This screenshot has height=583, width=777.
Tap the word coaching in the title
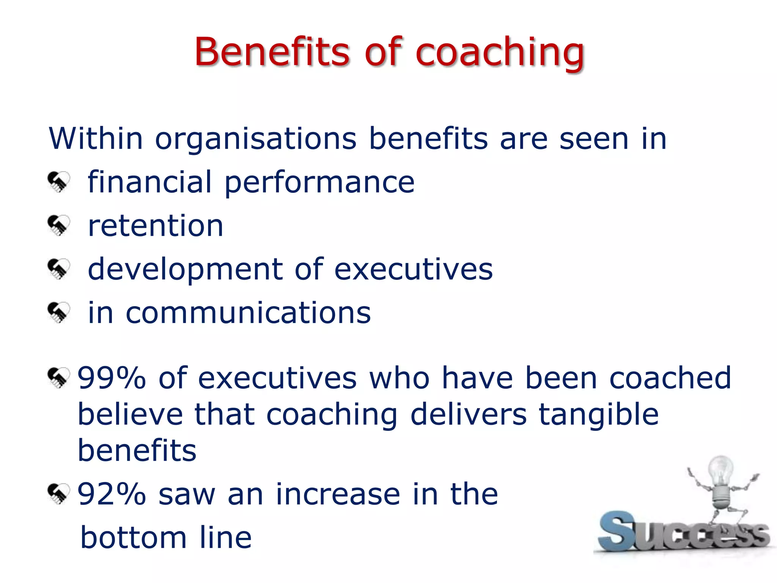coord(500,53)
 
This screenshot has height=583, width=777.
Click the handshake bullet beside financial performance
coord(59,182)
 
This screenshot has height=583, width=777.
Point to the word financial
coord(149,182)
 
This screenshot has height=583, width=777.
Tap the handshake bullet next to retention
coord(59,225)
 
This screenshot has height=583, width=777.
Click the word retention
coord(156,226)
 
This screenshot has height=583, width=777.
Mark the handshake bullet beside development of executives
coord(59,269)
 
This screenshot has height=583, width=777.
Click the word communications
coord(248,313)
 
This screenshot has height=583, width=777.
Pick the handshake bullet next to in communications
coord(59,312)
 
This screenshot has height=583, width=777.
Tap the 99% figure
coord(112,378)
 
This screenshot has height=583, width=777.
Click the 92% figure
coord(112,494)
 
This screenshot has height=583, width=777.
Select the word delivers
coord(469,414)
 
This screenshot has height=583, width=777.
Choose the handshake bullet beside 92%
coord(59,494)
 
